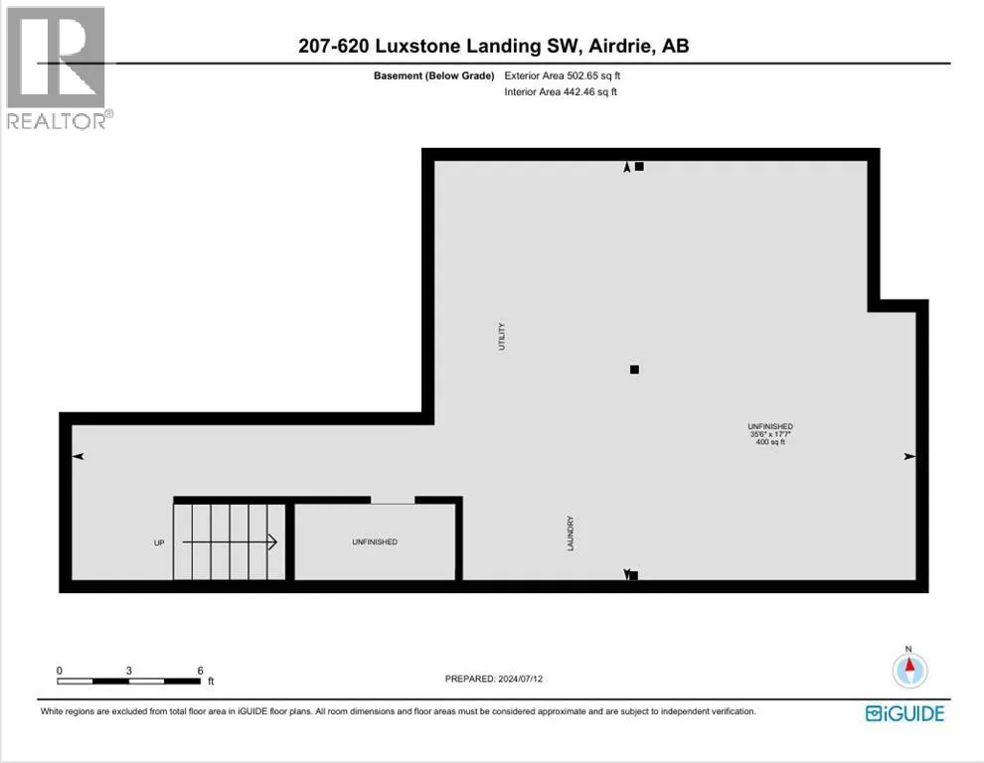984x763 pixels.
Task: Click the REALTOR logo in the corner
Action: pos(57,68)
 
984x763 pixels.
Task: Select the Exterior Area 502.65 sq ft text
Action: pos(563,76)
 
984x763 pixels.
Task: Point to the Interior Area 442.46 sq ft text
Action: pos(561,92)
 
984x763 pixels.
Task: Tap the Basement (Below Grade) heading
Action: pos(433,76)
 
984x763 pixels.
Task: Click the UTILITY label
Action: pos(501,337)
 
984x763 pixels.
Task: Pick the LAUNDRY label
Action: pos(571,534)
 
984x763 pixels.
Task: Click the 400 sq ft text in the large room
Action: pos(770,442)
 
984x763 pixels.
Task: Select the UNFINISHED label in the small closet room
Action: pos(375,542)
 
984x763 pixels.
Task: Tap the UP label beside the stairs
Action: pos(159,542)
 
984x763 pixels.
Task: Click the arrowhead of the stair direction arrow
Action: pos(273,542)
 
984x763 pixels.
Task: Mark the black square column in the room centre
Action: pos(634,370)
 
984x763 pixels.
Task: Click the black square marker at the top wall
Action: pos(639,166)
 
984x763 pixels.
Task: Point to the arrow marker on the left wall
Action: pos(78,456)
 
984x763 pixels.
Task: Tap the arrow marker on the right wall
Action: pos(909,456)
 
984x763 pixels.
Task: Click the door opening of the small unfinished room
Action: pos(393,501)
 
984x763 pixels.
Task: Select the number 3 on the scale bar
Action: pos(128,671)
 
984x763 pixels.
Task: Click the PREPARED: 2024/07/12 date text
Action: pos(494,679)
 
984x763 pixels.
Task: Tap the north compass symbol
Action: pos(909,669)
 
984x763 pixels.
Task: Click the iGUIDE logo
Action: pos(904,713)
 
